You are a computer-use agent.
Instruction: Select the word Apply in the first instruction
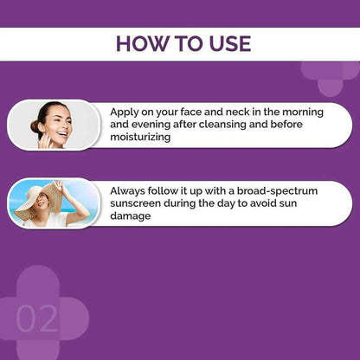tap(127, 112)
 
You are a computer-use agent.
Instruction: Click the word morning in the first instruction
tap(298, 112)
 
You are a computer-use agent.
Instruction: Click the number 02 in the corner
tap(37, 318)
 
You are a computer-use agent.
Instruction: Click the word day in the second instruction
tap(264, 202)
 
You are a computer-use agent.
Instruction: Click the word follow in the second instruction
tap(177, 190)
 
